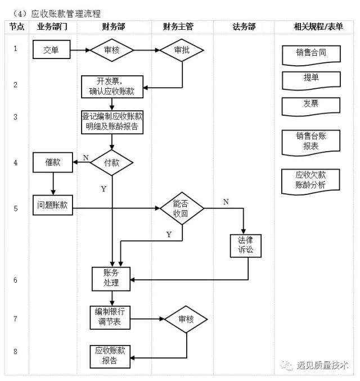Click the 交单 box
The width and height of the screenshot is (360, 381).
click(x=51, y=50)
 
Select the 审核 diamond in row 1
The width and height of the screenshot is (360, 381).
click(x=112, y=50)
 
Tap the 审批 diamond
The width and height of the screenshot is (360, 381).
click(x=182, y=50)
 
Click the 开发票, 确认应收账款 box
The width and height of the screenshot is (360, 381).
click(x=112, y=85)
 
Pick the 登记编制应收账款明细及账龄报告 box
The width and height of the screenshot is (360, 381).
click(x=112, y=122)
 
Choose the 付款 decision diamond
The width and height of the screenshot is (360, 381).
click(x=112, y=163)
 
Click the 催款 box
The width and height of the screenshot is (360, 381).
click(x=53, y=162)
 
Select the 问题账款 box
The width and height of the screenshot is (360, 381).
click(x=52, y=206)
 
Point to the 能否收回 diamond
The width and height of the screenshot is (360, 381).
click(x=181, y=208)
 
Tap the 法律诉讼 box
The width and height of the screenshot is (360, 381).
click(x=246, y=245)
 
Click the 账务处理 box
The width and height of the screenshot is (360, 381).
click(x=111, y=278)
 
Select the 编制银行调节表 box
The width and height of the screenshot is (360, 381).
click(x=110, y=318)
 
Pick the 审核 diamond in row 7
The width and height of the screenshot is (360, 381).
click(x=186, y=319)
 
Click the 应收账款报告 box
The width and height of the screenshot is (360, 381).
click(x=110, y=356)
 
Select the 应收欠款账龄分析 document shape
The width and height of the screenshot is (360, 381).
click(x=310, y=180)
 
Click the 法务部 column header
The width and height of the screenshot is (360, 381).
click(x=244, y=27)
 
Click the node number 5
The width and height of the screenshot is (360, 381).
click(x=15, y=208)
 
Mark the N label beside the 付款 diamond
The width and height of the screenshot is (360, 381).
click(x=85, y=157)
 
